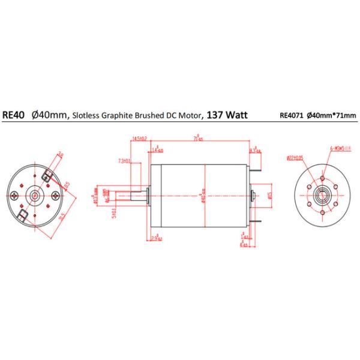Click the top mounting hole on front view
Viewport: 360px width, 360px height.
tap(322, 179)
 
